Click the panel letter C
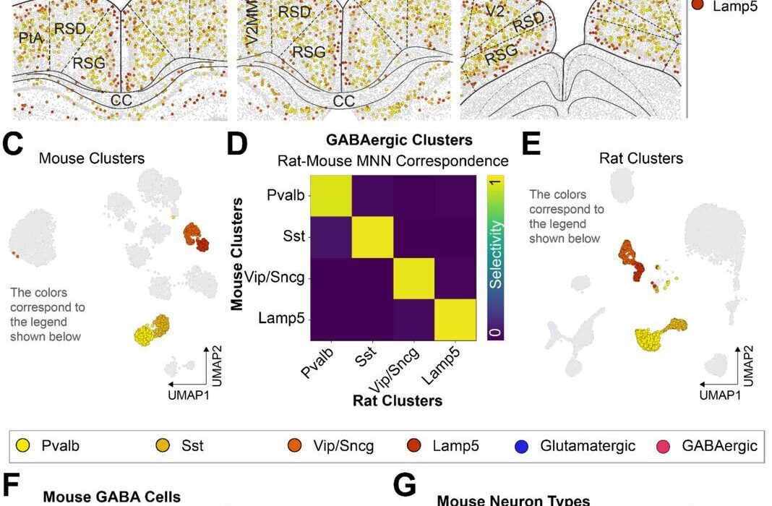coord(15,144)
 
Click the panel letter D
coord(236,144)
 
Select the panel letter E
coord(531,144)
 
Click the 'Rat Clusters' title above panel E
coord(641,158)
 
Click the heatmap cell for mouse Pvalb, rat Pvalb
coord(331,195)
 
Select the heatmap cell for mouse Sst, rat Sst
coord(372,236)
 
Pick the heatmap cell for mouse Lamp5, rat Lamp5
coord(455,320)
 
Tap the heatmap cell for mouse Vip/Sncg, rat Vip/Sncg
coord(413,278)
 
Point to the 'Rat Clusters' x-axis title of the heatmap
coord(398,400)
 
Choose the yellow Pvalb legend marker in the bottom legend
coord(23,445)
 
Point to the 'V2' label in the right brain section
coord(495,12)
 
